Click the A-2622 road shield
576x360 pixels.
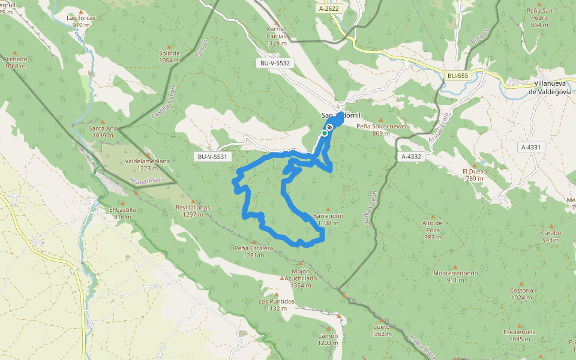pyautogui.click(x=329, y=10)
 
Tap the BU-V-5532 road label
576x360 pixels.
pyautogui.click(x=275, y=62)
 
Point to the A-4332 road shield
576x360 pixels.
pyautogui.click(x=411, y=156)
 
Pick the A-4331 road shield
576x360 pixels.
pyautogui.click(x=531, y=147)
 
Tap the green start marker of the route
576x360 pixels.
pyautogui.click(x=324, y=133)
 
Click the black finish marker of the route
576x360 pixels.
pyautogui.click(x=329, y=127)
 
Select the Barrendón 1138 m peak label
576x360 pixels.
pyautogui.click(x=328, y=219)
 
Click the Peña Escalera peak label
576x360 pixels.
pyautogui.click(x=254, y=251)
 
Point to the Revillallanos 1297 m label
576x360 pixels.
pyautogui.click(x=193, y=211)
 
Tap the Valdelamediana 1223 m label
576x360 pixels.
pyautogui.click(x=147, y=165)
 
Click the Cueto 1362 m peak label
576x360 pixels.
pyautogui.click(x=381, y=330)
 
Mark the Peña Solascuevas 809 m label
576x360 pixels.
pyautogui.click(x=381, y=130)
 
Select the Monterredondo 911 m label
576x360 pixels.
pyautogui.click(x=455, y=276)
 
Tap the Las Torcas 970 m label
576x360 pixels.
pyautogui.click(x=81, y=21)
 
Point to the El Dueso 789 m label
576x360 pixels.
pyautogui.click(x=474, y=175)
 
